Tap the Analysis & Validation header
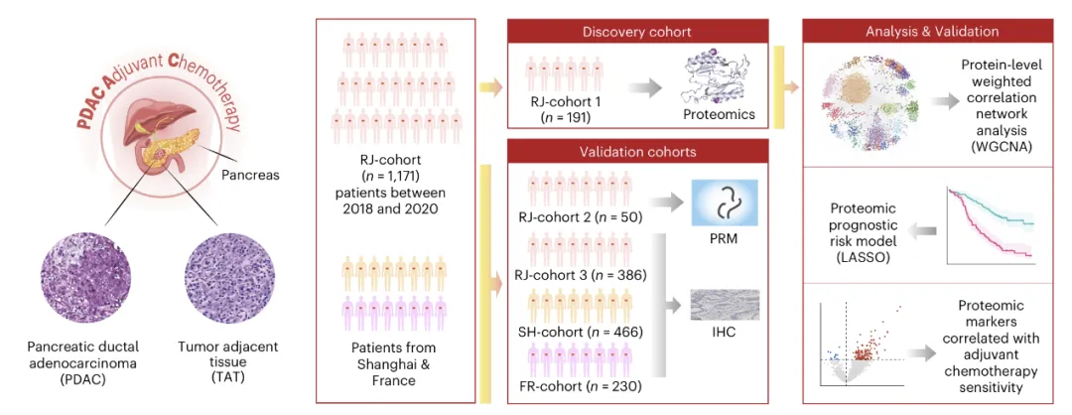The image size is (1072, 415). pos(930,31)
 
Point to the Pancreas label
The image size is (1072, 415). pos(252,175)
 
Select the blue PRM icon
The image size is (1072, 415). pos(724,204)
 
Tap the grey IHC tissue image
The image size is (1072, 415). pos(724,305)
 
